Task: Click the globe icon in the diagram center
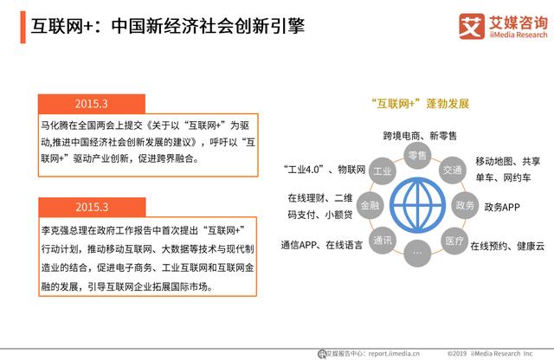(417, 205)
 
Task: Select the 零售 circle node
(417, 156)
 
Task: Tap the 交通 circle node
(452, 170)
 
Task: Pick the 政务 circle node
(465, 205)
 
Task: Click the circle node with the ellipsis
(417, 253)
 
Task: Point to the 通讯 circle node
(382, 240)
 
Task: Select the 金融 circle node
(369, 205)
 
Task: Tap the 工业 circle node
(382, 170)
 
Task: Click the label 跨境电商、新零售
(420, 136)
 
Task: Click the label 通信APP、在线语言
(317, 245)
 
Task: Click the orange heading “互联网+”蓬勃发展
(419, 104)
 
